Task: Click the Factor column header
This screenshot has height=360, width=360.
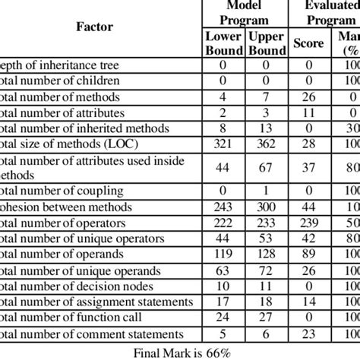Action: point(95,27)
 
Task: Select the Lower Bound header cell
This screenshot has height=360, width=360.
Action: point(223,43)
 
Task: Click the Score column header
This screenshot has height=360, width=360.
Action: point(308,43)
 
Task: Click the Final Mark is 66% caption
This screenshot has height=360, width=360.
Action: point(180,352)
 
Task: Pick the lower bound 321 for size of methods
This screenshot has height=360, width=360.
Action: point(223,144)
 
